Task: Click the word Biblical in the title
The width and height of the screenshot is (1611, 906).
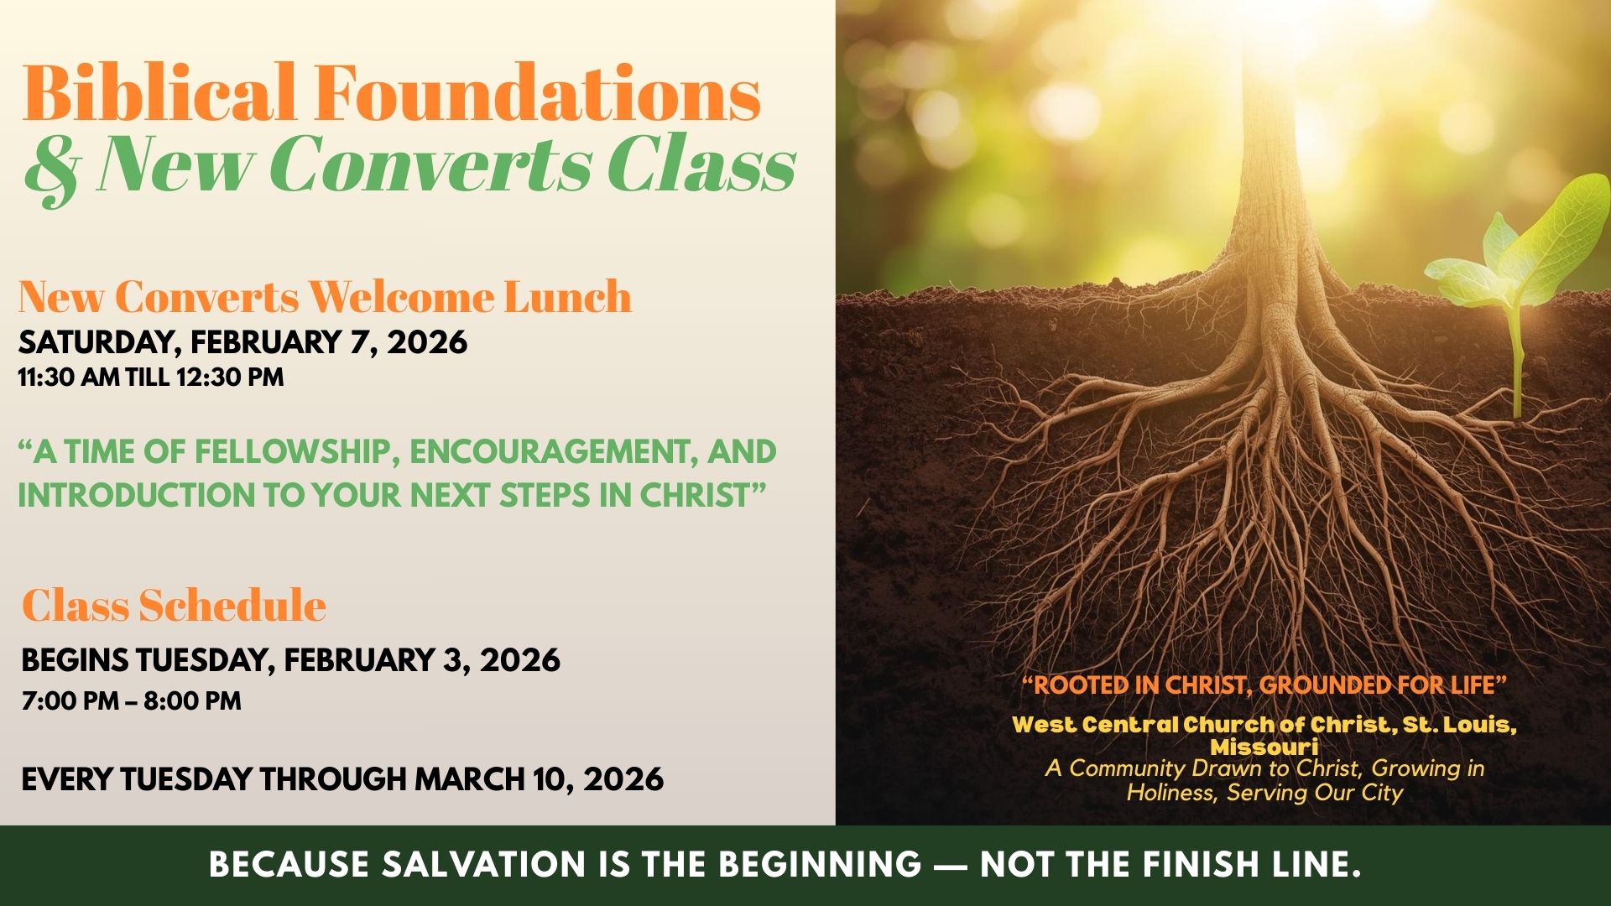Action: [x=160, y=91]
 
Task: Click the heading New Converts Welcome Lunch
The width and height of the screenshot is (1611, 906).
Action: [x=325, y=297]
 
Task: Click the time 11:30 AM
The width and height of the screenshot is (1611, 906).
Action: [x=70, y=377]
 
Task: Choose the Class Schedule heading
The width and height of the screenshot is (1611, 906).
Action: [x=174, y=605]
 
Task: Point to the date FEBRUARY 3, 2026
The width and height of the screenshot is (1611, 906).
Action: [x=422, y=660]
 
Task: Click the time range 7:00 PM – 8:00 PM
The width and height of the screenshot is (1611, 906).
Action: [x=132, y=700]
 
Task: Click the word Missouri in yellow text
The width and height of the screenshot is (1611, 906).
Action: [x=1264, y=747]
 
